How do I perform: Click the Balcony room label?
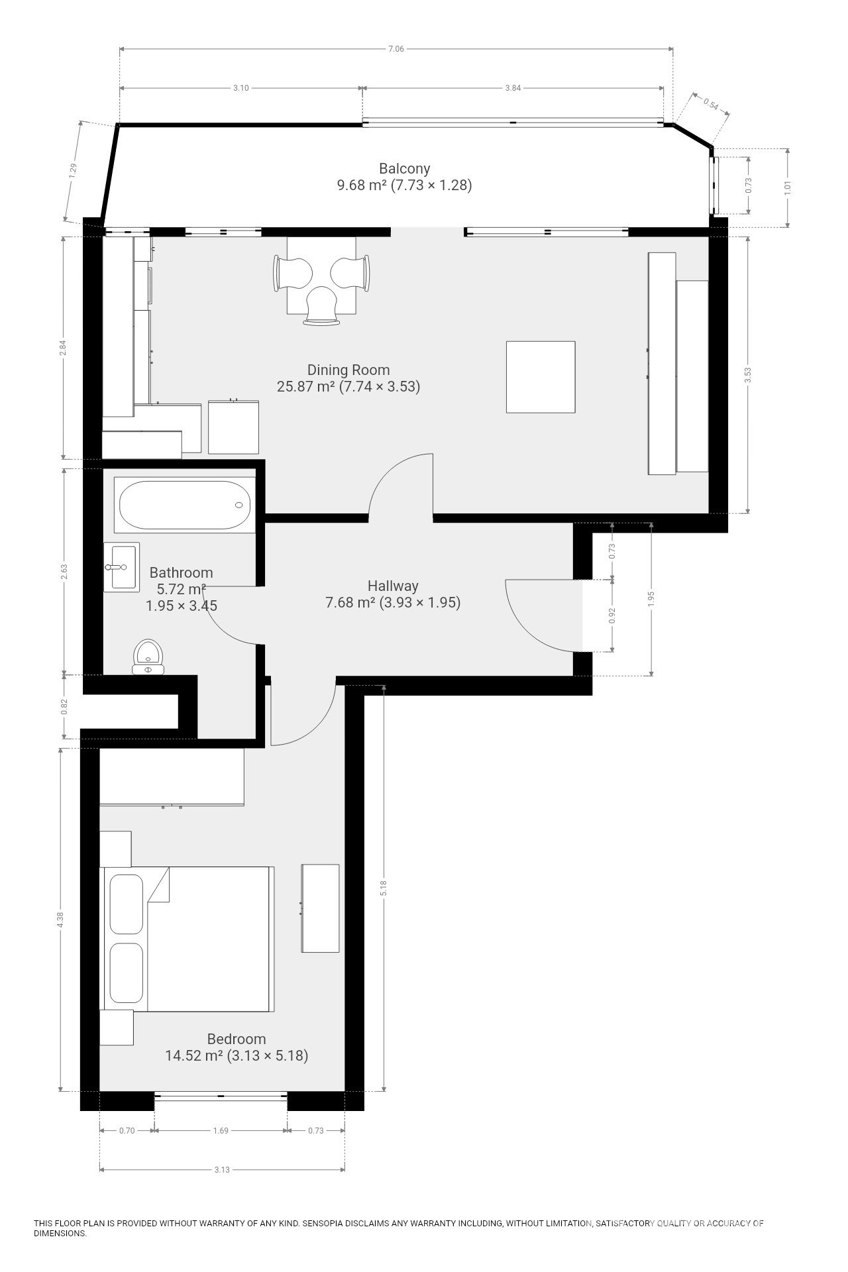coord(404,169)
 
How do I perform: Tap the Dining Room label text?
coord(348,370)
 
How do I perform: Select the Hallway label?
coord(393,586)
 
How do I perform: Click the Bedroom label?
coord(237,1039)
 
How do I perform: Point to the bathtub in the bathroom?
coord(184,505)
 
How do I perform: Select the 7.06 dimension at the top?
coord(396,48)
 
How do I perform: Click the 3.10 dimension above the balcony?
coord(241,88)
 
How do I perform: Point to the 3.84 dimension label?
coord(513,88)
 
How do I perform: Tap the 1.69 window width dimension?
coord(221,1131)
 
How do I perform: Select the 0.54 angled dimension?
coord(710,104)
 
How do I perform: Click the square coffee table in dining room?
coord(540,377)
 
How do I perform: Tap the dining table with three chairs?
coord(321,275)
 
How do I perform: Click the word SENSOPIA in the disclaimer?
coord(325,1224)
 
